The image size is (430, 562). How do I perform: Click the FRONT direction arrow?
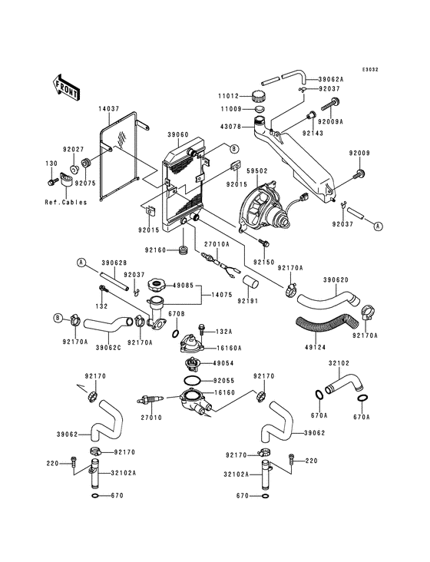[66, 87]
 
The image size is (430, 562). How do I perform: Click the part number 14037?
[108, 108]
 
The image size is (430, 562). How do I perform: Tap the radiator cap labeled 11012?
[259, 96]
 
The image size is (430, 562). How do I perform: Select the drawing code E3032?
[370, 70]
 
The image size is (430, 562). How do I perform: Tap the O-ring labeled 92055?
[192, 380]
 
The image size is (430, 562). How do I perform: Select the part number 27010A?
[217, 243]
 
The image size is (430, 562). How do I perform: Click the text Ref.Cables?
[66, 202]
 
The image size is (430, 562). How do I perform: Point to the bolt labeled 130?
[53, 182]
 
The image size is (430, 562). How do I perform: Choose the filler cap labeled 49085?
[157, 286]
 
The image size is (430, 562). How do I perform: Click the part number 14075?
[221, 296]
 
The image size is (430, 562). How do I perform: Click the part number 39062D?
[336, 279]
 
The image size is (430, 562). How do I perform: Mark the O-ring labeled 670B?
[176, 334]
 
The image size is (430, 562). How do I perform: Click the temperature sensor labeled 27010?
[150, 400]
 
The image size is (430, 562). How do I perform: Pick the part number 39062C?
[108, 347]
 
